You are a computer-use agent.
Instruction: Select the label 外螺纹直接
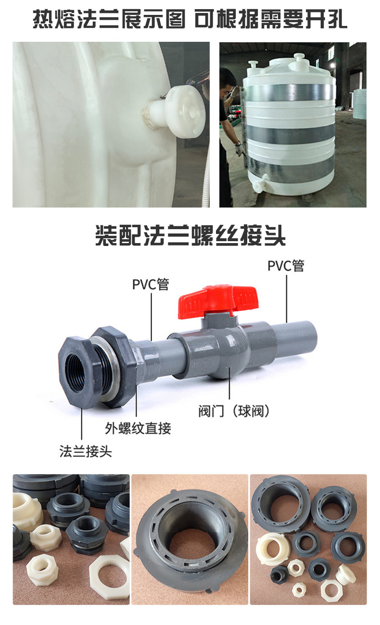[138, 428]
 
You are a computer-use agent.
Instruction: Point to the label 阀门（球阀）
[233, 411]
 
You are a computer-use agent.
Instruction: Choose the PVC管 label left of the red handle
[151, 284]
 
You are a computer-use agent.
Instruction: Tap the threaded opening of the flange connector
[79, 368]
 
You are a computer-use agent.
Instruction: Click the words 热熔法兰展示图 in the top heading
[109, 20]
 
